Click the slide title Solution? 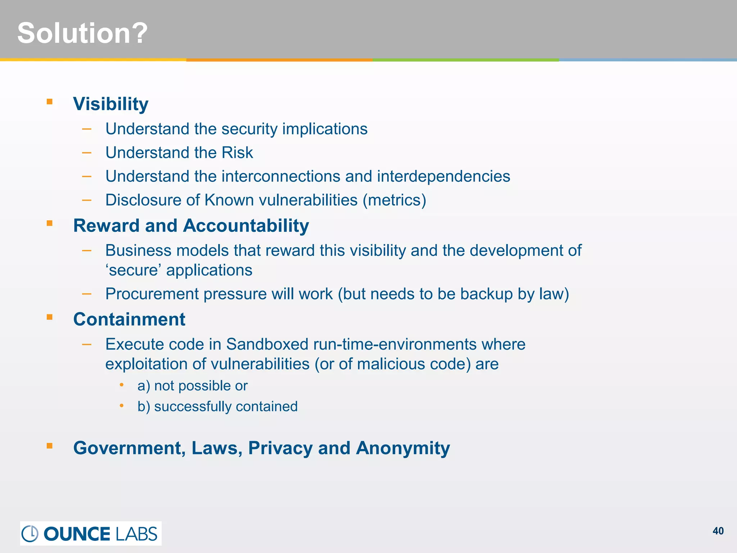tap(82, 33)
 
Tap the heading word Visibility tap(110, 104)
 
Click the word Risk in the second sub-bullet tap(237, 153)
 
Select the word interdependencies tap(443, 176)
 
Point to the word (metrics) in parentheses tap(394, 200)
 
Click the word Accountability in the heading tap(246, 226)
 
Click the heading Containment tap(129, 319)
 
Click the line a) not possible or tap(193, 386)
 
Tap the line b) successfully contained tap(217, 406)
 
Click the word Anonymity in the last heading tap(403, 448)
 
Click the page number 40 tap(718, 531)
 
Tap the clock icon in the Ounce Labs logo tap(30, 534)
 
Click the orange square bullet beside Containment tap(50, 317)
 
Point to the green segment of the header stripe tap(465, 60)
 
